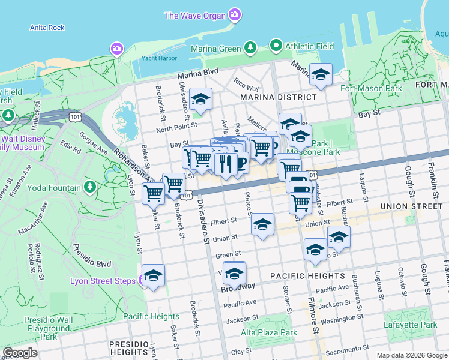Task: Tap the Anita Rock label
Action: [47, 28]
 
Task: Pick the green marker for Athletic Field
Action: [276, 46]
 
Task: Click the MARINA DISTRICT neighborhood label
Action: [278, 97]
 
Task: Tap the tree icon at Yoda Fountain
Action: [90, 187]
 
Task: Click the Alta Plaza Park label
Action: [269, 332]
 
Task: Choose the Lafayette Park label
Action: [412, 325]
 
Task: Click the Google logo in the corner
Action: [20, 353]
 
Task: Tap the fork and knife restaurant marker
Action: [225, 163]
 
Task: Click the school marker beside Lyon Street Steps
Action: [153, 275]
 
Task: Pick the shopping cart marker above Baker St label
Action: [153, 194]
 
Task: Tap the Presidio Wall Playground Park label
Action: [47, 328]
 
